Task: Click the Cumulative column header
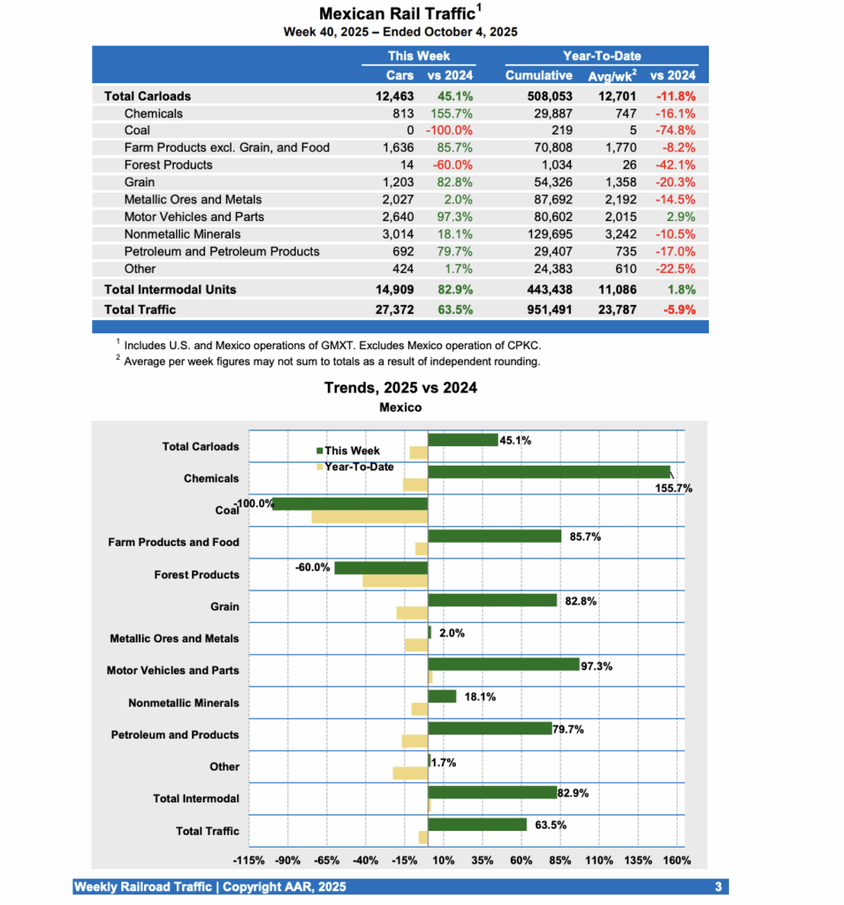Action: tap(538, 75)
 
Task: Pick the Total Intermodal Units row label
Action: tap(170, 289)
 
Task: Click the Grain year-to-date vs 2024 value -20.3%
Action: tap(675, 182)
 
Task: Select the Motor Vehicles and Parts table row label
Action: tap(194, 217)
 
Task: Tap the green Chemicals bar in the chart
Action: tap(549, 472)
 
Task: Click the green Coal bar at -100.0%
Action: tap(350, 504)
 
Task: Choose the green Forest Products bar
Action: tap(381, 567)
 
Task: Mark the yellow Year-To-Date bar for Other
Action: tap(410, 773)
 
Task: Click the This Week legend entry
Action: tap(352, 451)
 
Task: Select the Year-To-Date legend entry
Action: tap(357, 467)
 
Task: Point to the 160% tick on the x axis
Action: tap(676, 861)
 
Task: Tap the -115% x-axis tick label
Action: tap(248, 861)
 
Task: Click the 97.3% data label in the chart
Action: tap(597, 665)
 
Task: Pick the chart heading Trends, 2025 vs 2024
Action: tap(400, 387)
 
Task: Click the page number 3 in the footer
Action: tap(718, 886)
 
